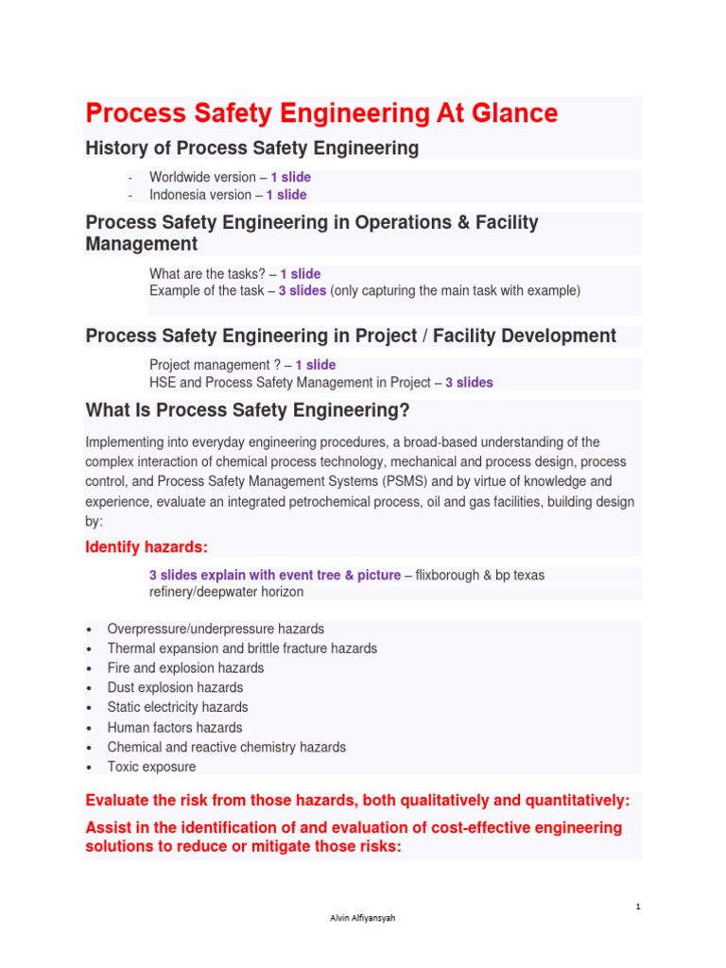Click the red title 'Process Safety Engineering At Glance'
click(321, 114)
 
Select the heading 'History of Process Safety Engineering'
click(251, 148)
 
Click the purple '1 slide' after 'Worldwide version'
click(290, 177)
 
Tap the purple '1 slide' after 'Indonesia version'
click(285, 195)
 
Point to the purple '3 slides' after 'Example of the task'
click(302, 291)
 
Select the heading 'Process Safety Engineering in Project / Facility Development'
click(351, 336)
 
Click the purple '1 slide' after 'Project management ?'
click(315, 365)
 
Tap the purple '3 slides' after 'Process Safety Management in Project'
click(469, 383)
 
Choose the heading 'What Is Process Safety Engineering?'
click(248, 410)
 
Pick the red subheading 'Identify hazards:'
click(147, 547)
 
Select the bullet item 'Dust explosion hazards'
click(175, 688)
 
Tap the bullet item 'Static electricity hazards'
click(178, 707)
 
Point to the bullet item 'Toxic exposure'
click(151, 767)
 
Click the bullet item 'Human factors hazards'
click(175, 728)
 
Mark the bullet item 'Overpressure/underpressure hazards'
click(216, 629)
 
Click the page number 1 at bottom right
click(638, 907)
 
